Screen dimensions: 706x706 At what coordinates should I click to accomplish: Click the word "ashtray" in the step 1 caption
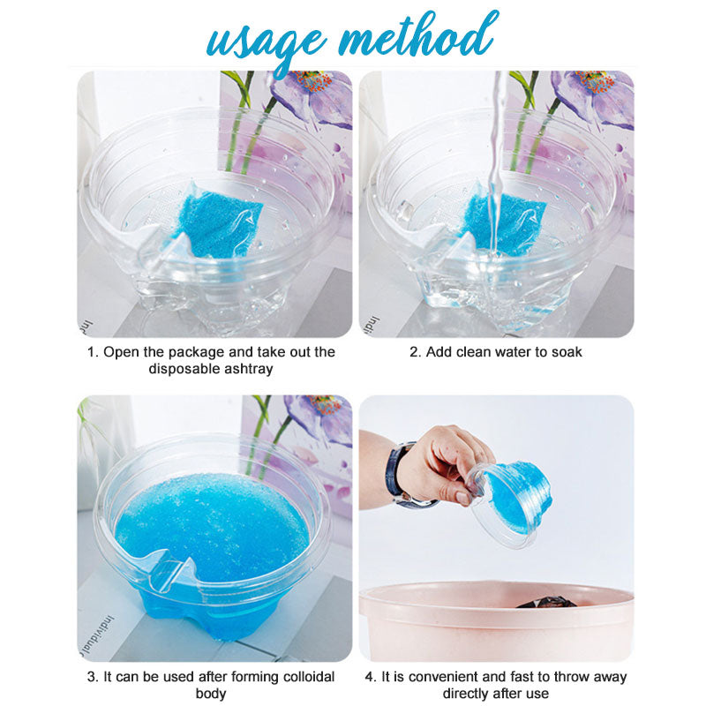[x=248, y=369]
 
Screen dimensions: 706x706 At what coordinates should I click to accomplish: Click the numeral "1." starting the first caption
[x=92, y=351]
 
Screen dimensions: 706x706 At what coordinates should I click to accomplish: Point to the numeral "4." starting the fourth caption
[x=372, y=677]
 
